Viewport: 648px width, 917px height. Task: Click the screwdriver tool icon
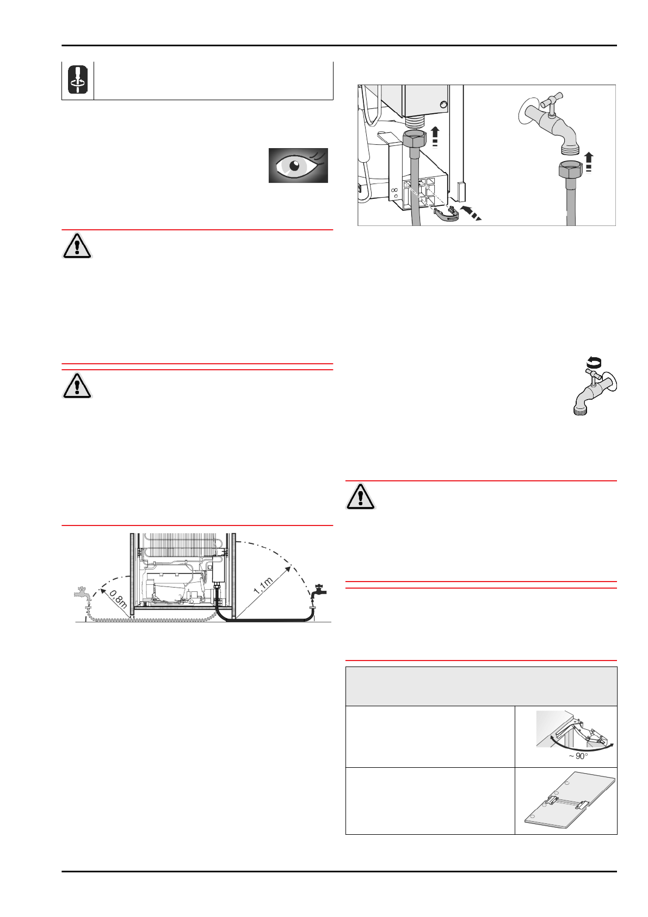click(x=77, y=80)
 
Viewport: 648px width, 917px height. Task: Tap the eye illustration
click(x=298, y=166)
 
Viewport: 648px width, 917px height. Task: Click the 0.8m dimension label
click(x=118, y=599)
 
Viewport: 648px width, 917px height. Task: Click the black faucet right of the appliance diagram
click(x=319, y=591)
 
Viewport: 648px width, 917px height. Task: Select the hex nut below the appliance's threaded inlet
click(x=416, y=139)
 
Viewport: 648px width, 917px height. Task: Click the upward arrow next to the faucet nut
click(x=589, y=162)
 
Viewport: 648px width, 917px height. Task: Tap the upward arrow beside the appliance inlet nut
click(x=435, y=136)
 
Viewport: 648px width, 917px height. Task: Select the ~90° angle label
click(x=578, y=756)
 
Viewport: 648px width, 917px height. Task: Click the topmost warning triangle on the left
click(x=77, y=247)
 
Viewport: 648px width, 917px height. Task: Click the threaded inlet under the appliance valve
click(x=416, y=121)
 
